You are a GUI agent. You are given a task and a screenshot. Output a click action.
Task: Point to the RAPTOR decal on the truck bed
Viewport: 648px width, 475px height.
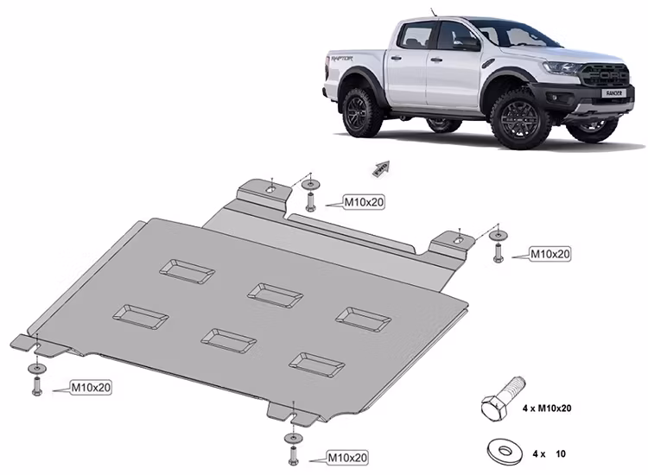(340, 60)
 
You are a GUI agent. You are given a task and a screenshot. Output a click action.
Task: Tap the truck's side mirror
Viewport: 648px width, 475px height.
(467, 43)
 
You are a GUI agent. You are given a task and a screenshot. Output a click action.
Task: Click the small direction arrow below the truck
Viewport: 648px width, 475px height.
(380, 168)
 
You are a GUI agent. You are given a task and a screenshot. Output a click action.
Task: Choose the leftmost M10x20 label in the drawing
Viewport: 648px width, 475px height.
(91, 387)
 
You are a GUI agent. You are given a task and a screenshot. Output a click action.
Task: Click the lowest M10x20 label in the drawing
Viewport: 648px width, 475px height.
(346, 457)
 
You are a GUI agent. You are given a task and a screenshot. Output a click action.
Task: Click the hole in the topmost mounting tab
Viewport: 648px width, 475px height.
(270, 189)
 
